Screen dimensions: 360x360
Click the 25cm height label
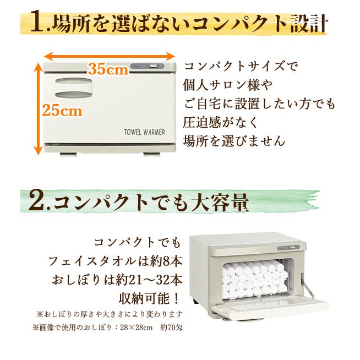(x=63, y=110)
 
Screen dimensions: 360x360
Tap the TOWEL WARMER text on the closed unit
(x=146, y=132)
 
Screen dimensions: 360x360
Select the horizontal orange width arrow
(x=110, y=55)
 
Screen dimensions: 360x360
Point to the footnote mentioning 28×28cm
(x=107, y=329)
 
